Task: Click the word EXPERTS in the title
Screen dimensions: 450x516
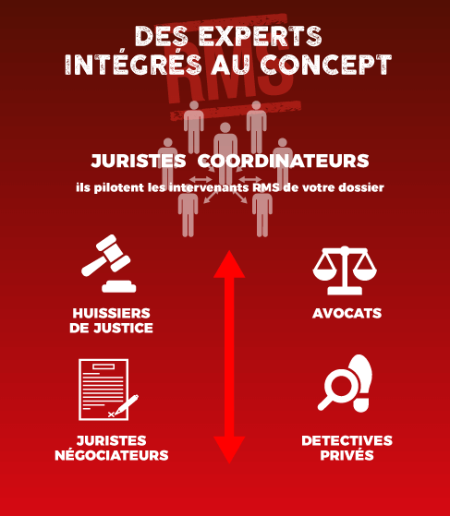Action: pos(261,36)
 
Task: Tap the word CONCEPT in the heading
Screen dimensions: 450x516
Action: pos(326,65)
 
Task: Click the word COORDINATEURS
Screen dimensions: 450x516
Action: pos(283,161)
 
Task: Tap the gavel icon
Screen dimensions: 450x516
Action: pos(109,263)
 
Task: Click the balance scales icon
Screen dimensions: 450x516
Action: pos(345,270)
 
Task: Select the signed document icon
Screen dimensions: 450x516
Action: pos(108,390)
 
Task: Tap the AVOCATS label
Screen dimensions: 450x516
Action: pos(347,313)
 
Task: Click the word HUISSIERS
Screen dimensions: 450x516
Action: pos(112,313)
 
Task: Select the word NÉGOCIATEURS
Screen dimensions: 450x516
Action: pos(112,455)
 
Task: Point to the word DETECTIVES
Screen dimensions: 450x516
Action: pos(347,440)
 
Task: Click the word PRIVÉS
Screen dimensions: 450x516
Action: pos(347,455)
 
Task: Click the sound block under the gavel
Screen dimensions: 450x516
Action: pos(119,287)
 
